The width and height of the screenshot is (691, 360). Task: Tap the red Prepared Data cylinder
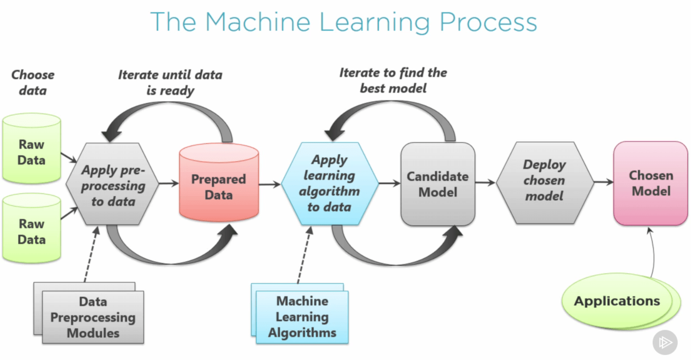(x=219, y=187)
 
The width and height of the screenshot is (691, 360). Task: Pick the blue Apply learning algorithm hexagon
(x=329, y=183)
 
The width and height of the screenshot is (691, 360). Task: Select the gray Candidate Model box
(x=437, y=184)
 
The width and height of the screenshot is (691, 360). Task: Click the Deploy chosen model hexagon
(x=545, y=181)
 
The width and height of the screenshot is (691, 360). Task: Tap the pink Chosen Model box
(x=650, y=183)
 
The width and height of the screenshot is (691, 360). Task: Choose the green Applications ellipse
(x=617, y=301)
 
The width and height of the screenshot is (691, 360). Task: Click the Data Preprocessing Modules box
(x=93, y=317)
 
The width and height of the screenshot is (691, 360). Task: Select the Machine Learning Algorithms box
(x=302, y=317)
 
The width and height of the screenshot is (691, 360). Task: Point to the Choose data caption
(x=33, y=83)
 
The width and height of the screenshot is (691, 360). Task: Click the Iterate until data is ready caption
(x=170, y=83)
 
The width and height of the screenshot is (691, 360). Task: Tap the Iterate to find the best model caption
(x=393, y=80)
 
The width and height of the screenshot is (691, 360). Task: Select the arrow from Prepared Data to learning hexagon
(x=270, y=184)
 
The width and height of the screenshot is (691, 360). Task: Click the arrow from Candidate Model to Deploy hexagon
(x=485, y=182)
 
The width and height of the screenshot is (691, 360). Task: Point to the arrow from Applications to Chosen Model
(x=653, y=252)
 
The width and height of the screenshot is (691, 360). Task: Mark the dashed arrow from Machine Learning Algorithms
(x=304, y=255)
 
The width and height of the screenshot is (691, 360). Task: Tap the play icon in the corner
(x=665, y=343)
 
